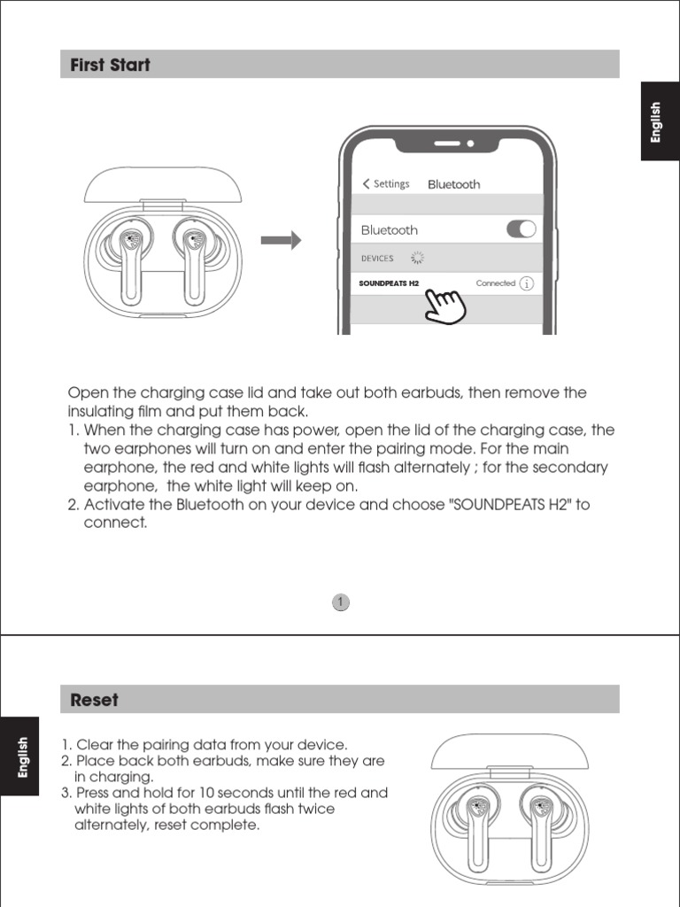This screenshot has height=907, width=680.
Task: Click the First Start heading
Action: (x=111, y=65)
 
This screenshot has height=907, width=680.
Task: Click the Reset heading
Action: (x=94, y=700)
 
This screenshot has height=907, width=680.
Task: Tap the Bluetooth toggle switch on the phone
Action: (x=521, y=229)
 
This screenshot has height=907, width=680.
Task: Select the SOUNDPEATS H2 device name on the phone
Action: (x=389, y=284)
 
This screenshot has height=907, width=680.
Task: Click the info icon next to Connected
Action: (x=527, y=283)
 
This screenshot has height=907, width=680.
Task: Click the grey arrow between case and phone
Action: (x=281, y=240)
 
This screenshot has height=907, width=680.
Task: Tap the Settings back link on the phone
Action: (x=386, y=184)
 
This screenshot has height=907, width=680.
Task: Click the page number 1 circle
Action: (x=341, y=602)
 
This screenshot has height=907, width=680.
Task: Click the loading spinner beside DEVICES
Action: (x=417, y=258)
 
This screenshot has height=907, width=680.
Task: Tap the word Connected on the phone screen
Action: (x=495, y=283)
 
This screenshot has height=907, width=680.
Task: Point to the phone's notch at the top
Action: (x=452, y=142)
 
